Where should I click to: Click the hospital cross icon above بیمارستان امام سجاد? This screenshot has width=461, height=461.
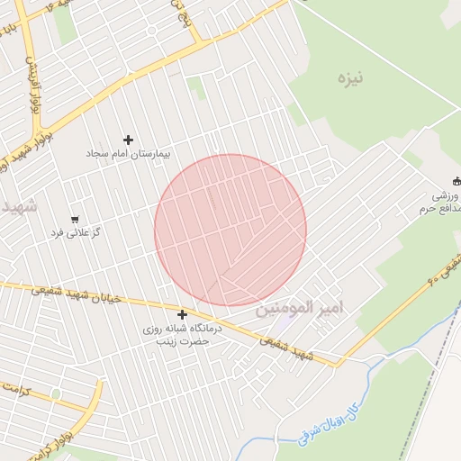tap(128, 140)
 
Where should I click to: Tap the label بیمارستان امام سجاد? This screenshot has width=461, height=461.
tap(128, 155)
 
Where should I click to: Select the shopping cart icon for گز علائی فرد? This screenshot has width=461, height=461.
tap(75, 219)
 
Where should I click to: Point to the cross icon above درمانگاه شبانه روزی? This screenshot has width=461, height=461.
tap(183, 314)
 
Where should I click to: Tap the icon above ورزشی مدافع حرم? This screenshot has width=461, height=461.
tap(456, 180)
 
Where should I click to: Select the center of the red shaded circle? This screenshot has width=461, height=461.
tap(230, 230)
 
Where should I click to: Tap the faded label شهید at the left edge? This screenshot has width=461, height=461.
tap(18, 206)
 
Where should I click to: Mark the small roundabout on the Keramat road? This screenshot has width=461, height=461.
tap(56, 393)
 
